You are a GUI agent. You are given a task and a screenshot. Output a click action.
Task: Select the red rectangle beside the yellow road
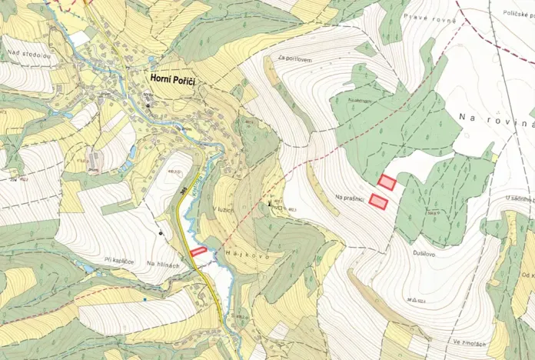(x=198, y=251)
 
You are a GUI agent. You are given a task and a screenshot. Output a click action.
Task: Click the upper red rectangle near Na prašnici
(x=387, y=182)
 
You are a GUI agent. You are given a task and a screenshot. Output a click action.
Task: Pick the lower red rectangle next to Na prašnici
(x=378, y=201)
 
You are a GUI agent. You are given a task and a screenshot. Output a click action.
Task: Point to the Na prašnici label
(x=350, y=198)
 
